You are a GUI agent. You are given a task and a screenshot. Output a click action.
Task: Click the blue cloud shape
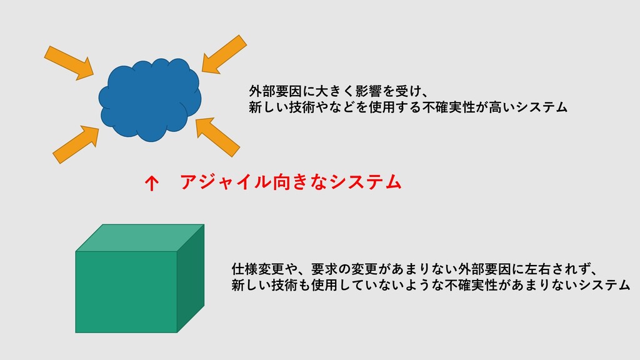point(150,100)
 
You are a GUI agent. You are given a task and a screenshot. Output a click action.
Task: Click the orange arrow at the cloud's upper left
point(69,63)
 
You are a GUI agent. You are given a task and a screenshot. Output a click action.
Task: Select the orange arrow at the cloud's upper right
point(224,54)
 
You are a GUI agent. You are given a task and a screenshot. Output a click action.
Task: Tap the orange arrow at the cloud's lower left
point(76,144)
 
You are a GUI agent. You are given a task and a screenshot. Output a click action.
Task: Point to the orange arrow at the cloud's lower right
point(217,137)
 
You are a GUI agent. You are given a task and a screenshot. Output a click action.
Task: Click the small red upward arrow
point(151,183)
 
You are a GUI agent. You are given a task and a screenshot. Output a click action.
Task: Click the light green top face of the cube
point(140,237)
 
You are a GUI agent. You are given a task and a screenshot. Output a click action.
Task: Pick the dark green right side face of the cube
point(191,278)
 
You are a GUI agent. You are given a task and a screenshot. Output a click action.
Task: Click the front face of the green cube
point(126,292)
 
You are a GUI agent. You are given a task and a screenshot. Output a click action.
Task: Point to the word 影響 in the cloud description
point(368,91)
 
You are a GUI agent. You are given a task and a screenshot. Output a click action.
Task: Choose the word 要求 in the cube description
point(324,269)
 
